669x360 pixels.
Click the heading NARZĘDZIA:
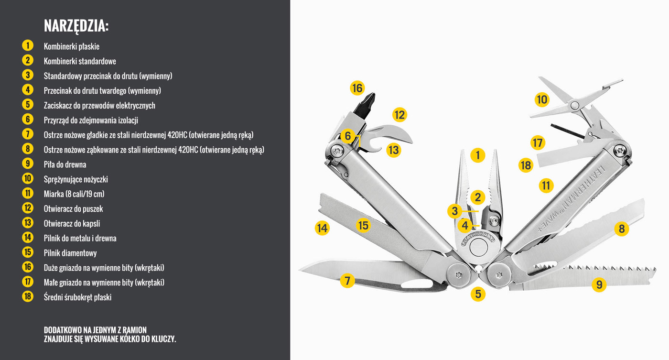click(76, 26)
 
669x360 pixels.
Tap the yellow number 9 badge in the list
click(28, 164)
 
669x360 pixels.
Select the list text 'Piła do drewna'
click(65, 164)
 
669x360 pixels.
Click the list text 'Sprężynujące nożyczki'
click(76, 179)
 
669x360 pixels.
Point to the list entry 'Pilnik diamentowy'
click(70, 253)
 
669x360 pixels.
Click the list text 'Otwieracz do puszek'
click(73, 208)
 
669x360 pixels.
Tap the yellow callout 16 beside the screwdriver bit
click(357, 88)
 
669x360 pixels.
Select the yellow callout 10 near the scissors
click(542, 99)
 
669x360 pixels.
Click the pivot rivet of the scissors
click(574, 105)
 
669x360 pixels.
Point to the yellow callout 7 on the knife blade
click(347, 281)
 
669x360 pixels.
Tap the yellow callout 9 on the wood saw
click(599, 284)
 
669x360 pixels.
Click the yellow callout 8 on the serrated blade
click(622, 229)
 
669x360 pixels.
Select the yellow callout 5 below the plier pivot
click(478, 294)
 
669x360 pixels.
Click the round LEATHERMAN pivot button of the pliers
click(478, 247)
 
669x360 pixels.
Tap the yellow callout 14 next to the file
click(322, 228)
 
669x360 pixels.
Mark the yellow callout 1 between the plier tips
click(477, 155)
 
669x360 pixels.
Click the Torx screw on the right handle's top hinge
click(620, 150)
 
